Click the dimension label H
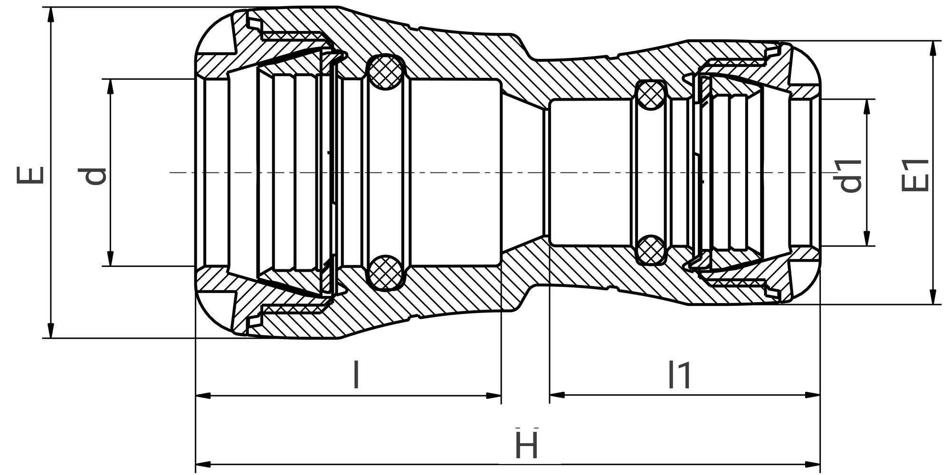coord(526,445)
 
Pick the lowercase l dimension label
coord(356,375)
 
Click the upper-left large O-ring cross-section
coord(385,72)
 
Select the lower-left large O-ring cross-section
coord(385,273)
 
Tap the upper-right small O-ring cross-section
coord(650,96)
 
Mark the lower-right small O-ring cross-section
coord(650,250)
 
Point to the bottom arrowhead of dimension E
coord(51,331)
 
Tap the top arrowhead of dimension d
coord(110,86)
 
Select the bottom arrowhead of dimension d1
coord(867,238)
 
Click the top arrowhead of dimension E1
coord(933,48)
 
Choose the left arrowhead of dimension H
coord(203,464)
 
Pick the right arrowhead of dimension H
coord(813,464)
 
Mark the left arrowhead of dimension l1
coord(557,395)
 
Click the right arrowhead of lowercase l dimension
coord(494,395)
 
